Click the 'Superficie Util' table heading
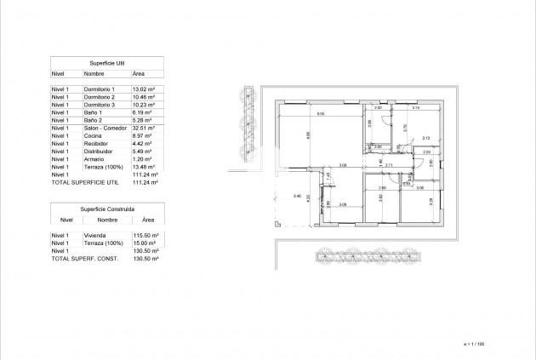coord(107,63)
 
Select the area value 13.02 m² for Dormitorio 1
coord(143,89)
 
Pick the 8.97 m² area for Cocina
coord(142,135)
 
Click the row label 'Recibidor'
coord(94,143)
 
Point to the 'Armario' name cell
coord(92,159)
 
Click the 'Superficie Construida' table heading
coord(107,208)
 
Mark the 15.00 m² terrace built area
coord(143,243)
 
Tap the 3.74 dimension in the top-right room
coord(416,108)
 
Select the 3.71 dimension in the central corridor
coord(387,165)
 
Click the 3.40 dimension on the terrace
coord(296,197)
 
